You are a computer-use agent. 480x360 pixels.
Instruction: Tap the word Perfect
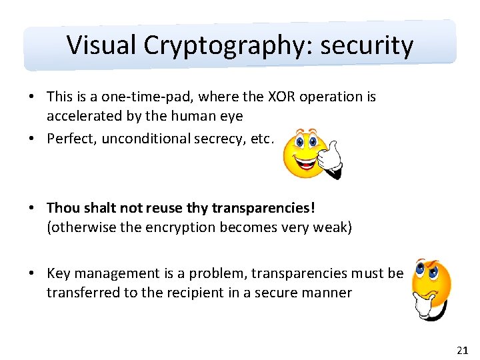click(x=71, y=139)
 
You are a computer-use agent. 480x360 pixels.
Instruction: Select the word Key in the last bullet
click(x=59, y=273)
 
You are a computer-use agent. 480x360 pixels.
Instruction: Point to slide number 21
click(x=463, y=349)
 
